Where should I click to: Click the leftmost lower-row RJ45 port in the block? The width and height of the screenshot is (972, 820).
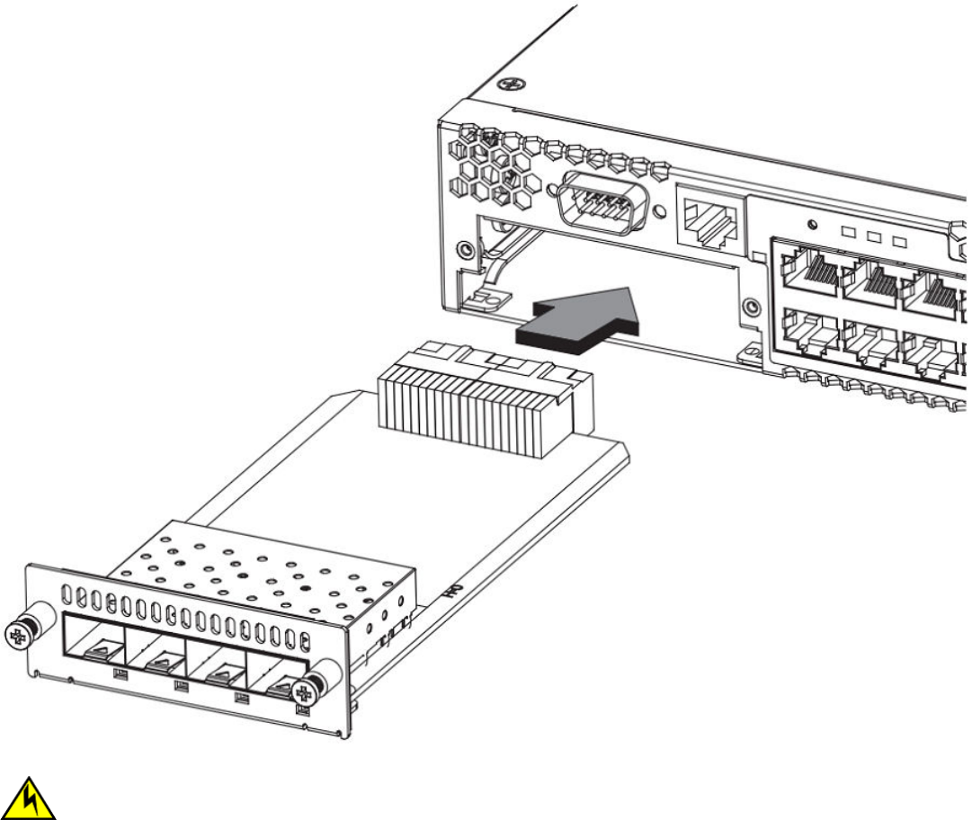point(810,333)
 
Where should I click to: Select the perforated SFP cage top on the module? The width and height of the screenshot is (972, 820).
point(261,567)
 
